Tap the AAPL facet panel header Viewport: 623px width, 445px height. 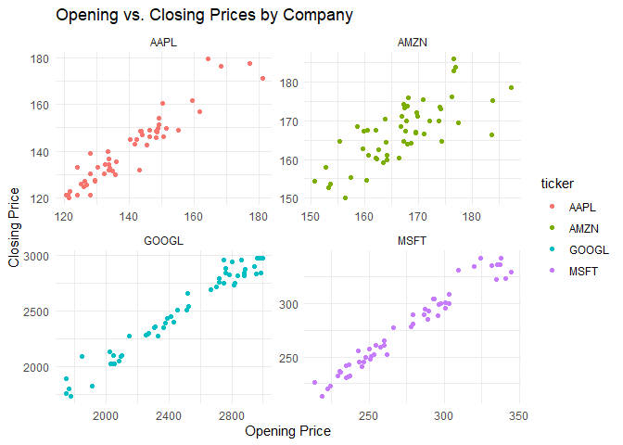point(162,43)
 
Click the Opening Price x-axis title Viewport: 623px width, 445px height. point(286,431)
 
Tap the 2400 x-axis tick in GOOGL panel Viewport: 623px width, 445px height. point(169,416)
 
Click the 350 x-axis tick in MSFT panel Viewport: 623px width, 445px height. point(519,416)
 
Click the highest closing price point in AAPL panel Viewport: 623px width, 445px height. point(208,58)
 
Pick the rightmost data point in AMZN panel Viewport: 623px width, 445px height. point(511,88)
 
